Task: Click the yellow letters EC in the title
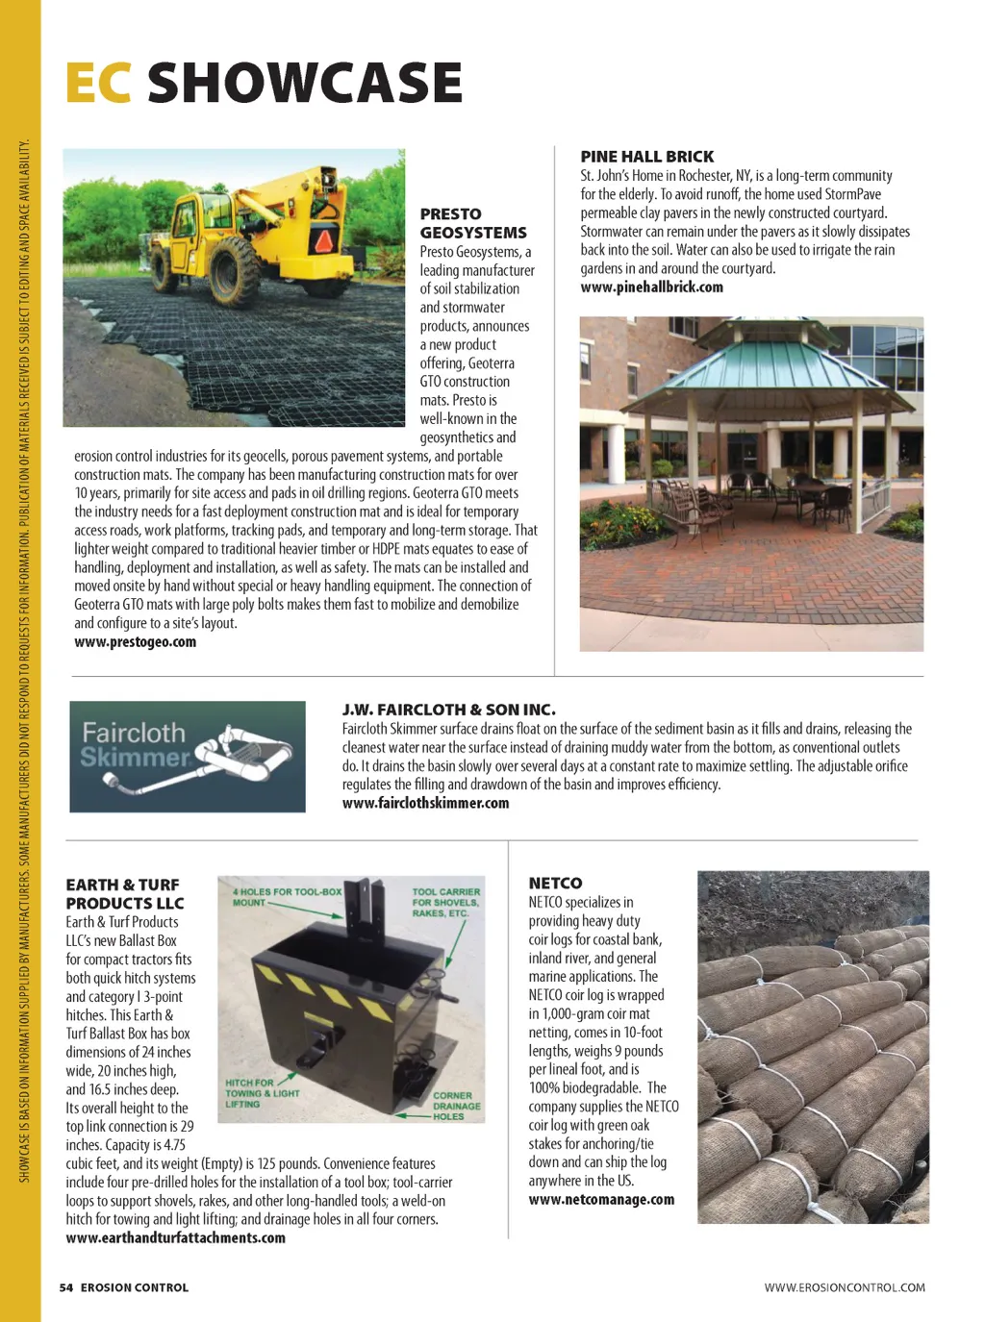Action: click(98, 83)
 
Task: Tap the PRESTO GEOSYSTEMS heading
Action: click(472, 223)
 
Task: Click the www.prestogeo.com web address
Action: click(135, 642)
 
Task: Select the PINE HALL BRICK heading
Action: click(646, 157)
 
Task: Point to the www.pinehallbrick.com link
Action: click(651, 287)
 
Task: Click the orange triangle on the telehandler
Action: click(326, 239)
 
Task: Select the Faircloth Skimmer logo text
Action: click(134, 745)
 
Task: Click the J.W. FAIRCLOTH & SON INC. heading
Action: click(448, 710)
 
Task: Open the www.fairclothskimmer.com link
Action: click(425, 803)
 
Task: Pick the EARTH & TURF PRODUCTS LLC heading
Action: click(124, 893)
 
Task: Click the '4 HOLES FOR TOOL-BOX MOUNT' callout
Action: click(286, 897)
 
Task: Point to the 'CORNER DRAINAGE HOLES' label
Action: click(455, 1106)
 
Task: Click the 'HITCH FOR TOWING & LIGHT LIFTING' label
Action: click(261, 1093)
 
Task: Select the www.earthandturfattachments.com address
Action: click(175, 1238)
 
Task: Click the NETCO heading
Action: click(555, 883)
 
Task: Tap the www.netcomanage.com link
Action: click(601, 1200)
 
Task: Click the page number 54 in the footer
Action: click(65, 1287)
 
